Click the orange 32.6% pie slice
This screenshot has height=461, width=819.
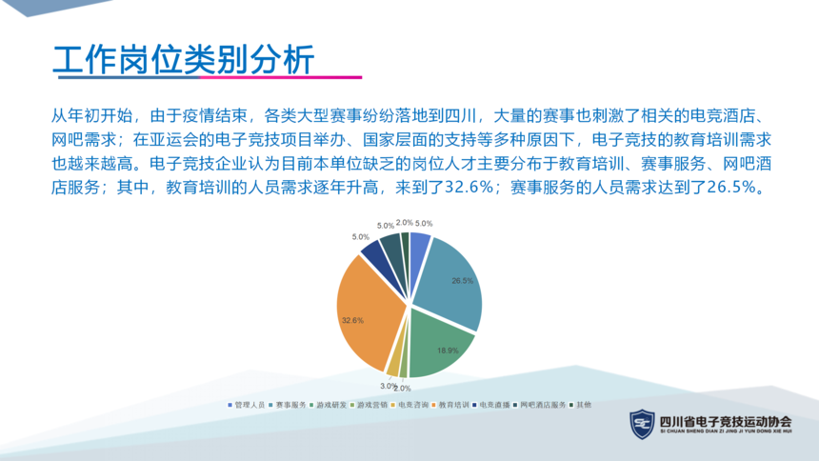[369, 313]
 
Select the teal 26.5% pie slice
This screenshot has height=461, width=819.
[449, 282]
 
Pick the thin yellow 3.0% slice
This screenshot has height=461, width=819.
[393, 367]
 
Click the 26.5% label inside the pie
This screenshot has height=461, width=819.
[462, 281]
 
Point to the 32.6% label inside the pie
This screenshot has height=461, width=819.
[352, 320]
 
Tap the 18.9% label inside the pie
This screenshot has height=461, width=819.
[448, 351]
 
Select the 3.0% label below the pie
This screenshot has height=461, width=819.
[388, 386]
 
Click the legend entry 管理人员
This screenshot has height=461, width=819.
[246, 405]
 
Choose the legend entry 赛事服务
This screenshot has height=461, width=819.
[288, 405]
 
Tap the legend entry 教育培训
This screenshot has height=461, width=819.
[450, 405]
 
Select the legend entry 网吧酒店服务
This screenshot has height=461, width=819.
[540, 405]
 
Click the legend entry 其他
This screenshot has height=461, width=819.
[580, 405]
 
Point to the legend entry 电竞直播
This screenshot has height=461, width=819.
[491, 405]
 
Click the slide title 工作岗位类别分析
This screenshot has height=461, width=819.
[184, 59]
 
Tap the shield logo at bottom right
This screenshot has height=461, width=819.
[642, 424]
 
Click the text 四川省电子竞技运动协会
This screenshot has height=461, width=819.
[726, 422]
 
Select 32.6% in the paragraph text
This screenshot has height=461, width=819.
[469, 187]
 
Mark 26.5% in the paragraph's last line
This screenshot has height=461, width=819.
[730, 187]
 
